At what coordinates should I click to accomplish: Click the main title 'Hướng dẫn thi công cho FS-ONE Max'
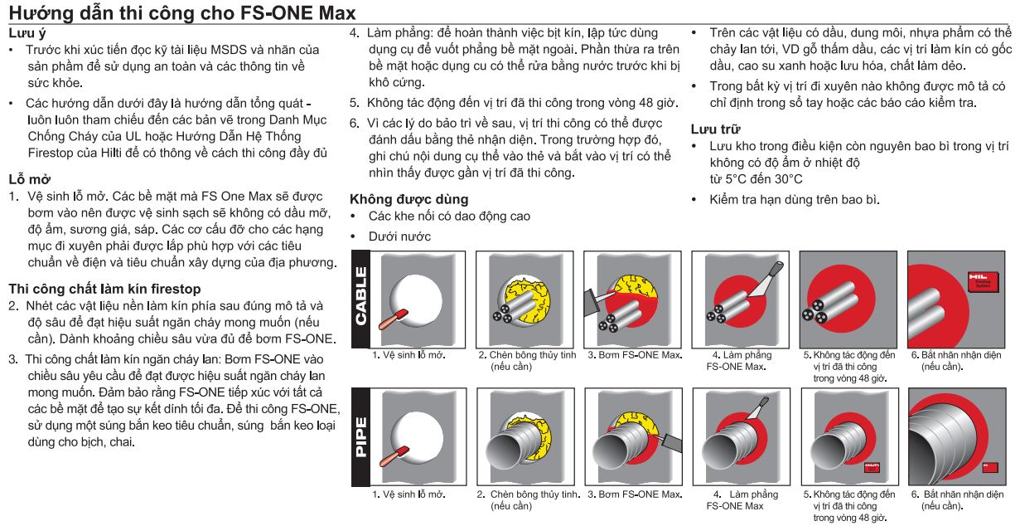point(182,13)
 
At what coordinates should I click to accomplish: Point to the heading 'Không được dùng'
point(408,199)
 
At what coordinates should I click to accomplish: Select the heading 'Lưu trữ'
point(715,129)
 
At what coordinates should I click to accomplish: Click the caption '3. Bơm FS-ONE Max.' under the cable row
point(634,355)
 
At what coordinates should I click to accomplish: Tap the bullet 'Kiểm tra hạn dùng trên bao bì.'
point(793,199)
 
